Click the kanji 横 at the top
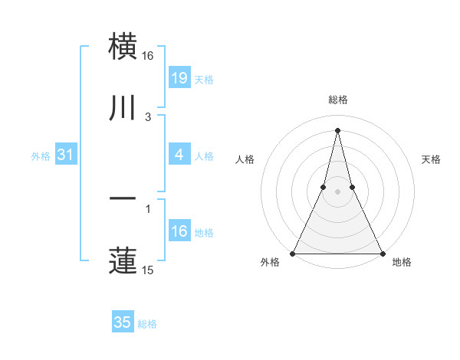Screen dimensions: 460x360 pyautogui.click(x=123, y=47)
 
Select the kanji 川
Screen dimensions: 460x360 pyautogui.click(x=123, y=109)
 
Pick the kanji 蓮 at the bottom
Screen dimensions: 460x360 pyautogui.click(x=123, y=260)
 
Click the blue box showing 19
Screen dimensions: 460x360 pyautogui.click(x=179, y=77)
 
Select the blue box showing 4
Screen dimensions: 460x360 pyautogui.click(x=179, y=155)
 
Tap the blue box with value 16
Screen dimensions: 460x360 pyautogui.click(x=179, y=231)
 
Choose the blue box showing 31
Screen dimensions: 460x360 pyautogui.click(x=65, y=155)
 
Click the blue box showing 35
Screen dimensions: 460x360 pyautogui.click(x=123, y=322)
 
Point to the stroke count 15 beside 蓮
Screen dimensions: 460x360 pyautogui.click(x=148, y=270)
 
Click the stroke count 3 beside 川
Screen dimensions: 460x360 pyautogui.click(x=148, y=117)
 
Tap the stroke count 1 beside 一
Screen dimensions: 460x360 pyautogui.click(x=148, y=208)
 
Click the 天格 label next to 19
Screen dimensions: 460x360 pyautogui.click(x=204, y=79)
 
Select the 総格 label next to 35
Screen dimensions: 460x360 pyautogui.click(x=147, y=324)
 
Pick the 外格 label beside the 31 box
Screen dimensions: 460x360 pyautogui.click(x=41, y=156)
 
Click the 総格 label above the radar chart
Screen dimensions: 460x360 pyautogui.click(x=337, y=100)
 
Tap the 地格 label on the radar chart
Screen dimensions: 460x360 pyautogui.click(x=402, y=262)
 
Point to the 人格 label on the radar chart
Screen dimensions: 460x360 pyautogui.click(x=245, y=159)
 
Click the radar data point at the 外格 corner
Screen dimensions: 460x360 pyautogui.click(x=294, y=253)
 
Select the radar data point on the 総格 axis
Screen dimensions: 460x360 pyautogui.click(x=337, y=129)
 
